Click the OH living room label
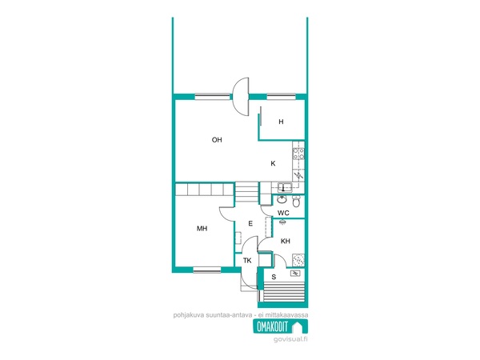tap(217, 140)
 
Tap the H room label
tap(281, 122)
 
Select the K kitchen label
tap(273, 163)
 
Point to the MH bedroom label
tap(202, 228)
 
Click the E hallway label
tap(250, 223)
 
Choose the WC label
tap(283, 213)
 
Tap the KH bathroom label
tap(286, 242)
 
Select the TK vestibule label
tap(247, 261)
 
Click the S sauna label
tap(274, 277)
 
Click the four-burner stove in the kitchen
tap(298, 154)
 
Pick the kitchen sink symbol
tap(285, 186)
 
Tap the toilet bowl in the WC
tap(296, 202)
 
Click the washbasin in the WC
tap(282, 200)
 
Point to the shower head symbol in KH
tap(282, 222)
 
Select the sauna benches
tap(284, 292)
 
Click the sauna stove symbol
tap(295, 274)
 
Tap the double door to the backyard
tap(241, 97)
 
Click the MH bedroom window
tap(207, 270)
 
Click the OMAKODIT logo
tap(281, 326)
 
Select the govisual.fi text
tap(290, 339)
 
